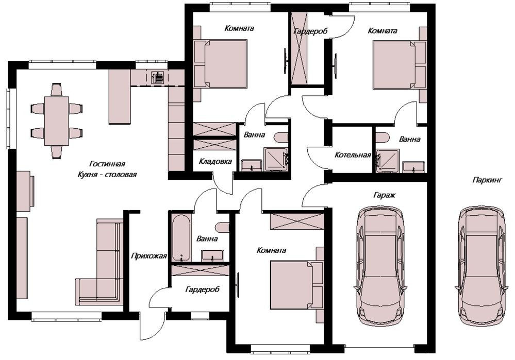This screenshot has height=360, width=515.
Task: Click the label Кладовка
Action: tap(215, 161)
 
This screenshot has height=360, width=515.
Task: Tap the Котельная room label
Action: tap(353, 155)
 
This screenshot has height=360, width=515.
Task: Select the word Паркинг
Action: tap(487, 180)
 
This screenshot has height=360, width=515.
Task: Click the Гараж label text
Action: tap(384, 195)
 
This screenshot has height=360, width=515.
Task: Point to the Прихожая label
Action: tap(149, 255)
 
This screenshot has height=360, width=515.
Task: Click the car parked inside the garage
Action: tap(381, 266)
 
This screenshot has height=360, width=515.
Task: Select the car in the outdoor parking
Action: tap(483, 266)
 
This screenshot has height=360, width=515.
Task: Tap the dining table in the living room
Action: tap(57, 121)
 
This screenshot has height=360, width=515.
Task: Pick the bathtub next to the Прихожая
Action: tap(181, 238)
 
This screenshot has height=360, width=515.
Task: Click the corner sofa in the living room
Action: tap(100, 262)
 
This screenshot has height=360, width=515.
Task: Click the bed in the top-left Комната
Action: tap(221, 64)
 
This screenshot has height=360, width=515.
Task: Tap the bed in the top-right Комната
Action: tap(400, 64)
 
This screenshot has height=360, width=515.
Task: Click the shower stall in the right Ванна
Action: tap(388, 161)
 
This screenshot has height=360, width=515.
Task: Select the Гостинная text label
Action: tap(107, 163)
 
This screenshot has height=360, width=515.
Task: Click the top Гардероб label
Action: tap(310, 31)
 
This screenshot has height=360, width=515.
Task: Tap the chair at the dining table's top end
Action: tap(57, 90)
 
